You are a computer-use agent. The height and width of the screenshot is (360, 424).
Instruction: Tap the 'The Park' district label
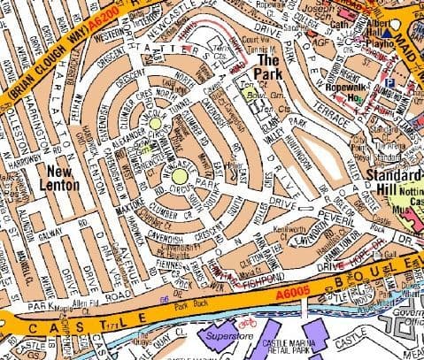click(x=270, y=66)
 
